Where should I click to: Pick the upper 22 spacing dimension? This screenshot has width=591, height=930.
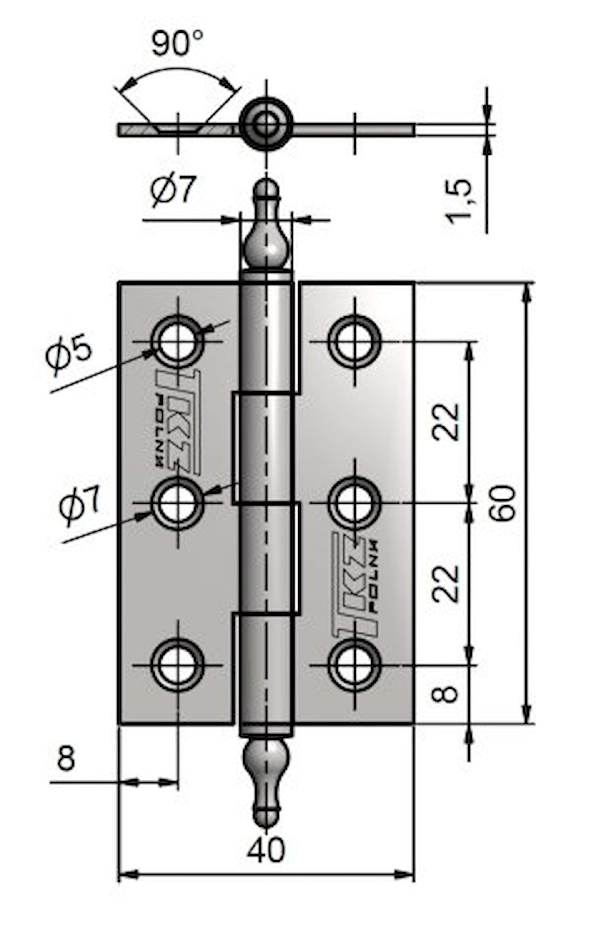(446, 422)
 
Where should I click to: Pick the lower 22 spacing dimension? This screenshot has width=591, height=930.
(446, 584)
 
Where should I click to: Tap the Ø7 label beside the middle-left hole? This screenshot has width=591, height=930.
(80, 505)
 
